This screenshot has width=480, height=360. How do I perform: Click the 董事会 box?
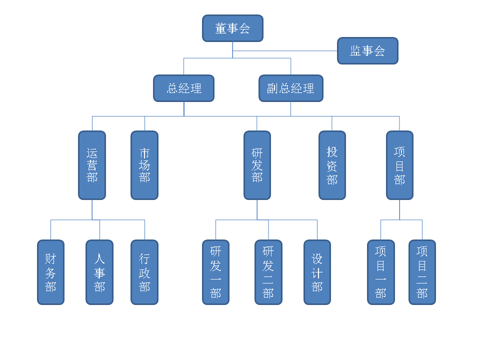pyautogui.click(x=232, y=28)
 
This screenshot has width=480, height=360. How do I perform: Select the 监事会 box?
pyautogui.click(x=367, y=50)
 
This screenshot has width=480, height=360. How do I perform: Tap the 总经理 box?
pyautogui.click(x=183, y=88)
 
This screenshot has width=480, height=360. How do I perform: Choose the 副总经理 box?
pyautogui.click(x=291, y=88)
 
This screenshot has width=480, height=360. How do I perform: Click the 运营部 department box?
pyautogui.click(x=92, y=165)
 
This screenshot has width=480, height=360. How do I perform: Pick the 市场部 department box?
pyautogui.click(x=144, y=165)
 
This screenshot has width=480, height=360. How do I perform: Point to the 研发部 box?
pyautogui.click(x=257, y=165)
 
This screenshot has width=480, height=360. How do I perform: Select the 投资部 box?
pyautogui.click(x=332, y=165)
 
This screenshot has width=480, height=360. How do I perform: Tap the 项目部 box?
pyautogui.click(x=399, y=165)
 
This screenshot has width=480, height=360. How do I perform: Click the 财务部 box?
pyautogui.click(x=50, y=272)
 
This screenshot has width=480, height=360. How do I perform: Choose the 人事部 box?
pyautogui.click(x=99, y=272)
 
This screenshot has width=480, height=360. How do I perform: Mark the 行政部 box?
pyautogui.click(x=144, y=272)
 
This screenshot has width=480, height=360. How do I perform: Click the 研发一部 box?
pyautogui.click(x=215, y=272)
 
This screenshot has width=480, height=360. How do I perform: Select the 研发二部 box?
pyautogui.click(x=268, y=272)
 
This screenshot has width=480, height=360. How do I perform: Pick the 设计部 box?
pyautogui.click(x=317, y=272)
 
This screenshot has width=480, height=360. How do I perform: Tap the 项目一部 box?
pyautogui.click(x=380, y=272)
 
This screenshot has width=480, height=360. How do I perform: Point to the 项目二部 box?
pyautogui.click(x=422, y=272)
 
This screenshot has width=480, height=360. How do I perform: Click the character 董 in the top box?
pyautogui.click(x=221, y=28)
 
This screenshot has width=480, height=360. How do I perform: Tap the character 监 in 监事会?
pyautogui.click(x=356, y=51)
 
